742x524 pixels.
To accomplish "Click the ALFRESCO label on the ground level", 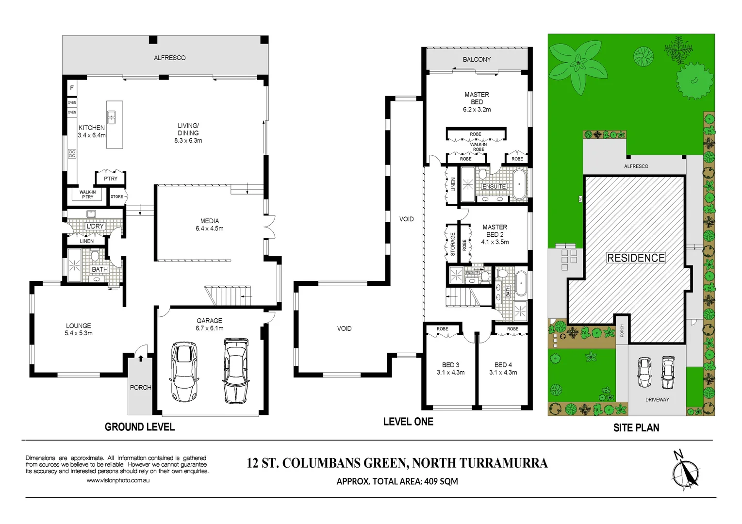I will pyautogui.click(x=169, y=58).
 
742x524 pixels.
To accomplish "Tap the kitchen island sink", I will pyautogui.click(x=111, y=117).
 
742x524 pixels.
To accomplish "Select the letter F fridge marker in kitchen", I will pyautogui.click(x=72, y=88).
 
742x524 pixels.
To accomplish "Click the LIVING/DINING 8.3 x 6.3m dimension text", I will pyautogui.click(x=188, y=141).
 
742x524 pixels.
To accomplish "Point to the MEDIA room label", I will pyautogui.click(x=209, y=221).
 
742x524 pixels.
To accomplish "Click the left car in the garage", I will pyautogui.click(x=184, y=372).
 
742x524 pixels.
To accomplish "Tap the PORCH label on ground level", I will pyautogui.click(x=140, y=387).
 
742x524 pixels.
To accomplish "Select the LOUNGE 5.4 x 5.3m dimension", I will pyautogui.click(x=79, y=333).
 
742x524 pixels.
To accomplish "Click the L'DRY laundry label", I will pyautogui.click(x=95, y=226).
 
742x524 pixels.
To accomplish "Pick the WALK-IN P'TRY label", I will pyautogui.click(x=87, y=195).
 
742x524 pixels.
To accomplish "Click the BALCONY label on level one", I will pyautogui.click(x=477, y=59).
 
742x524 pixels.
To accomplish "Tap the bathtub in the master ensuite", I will pyautogui.click(x=519, y=184).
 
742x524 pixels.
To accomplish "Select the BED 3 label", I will pyautogui.click(x=450, y=365).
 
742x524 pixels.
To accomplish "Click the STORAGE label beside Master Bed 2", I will pyautogui.click(x=452, y=244).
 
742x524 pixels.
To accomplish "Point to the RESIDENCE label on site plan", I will pyautogui.click(x=636, y=258).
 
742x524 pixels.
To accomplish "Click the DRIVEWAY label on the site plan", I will pyautogui.click(x=657, y=400).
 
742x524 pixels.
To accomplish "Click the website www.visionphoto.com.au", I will pyautogui.click(x=118, y=480).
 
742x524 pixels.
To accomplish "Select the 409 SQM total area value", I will pyautogui.click(x=441, y=481).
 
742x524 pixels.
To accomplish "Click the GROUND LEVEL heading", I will pyautogui.click(x=140, y=427).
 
